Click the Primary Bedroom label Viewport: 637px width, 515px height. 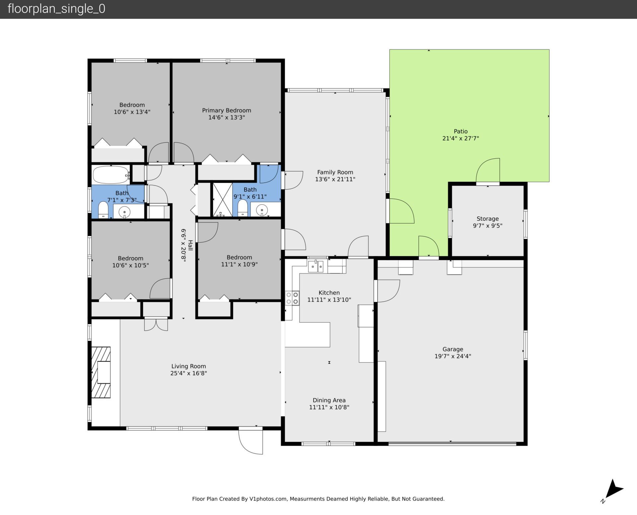[x=227, y=110]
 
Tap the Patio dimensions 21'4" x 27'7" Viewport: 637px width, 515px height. [x=460, y=138]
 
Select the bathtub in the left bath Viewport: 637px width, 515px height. [x=110, y=175]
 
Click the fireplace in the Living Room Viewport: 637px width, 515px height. [x=101, y=372]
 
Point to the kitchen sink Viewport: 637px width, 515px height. [x=316, y=266]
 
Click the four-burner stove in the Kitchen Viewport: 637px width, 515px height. [x=292, y=298]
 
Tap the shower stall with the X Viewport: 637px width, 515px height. [x=222, y=199]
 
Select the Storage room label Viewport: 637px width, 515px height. [x=487, y=219]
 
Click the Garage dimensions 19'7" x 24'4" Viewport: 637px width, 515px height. [x=453, y=356]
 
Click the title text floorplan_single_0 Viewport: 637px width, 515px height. [x=56, y=9]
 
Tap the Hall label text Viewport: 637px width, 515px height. [x=190, y=245]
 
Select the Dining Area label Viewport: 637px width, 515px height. [x=329, y=400]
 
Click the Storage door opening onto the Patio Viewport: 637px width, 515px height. [x=488, y=171]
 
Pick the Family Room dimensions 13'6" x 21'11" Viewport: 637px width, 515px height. [x=335, y=179]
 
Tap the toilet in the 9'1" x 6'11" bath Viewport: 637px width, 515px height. [x=243, y=208]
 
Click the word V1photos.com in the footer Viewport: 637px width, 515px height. [x=268, y=499]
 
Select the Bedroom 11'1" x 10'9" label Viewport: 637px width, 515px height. [x=239, y=257]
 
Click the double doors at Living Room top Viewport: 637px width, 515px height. [x=156, y=324]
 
